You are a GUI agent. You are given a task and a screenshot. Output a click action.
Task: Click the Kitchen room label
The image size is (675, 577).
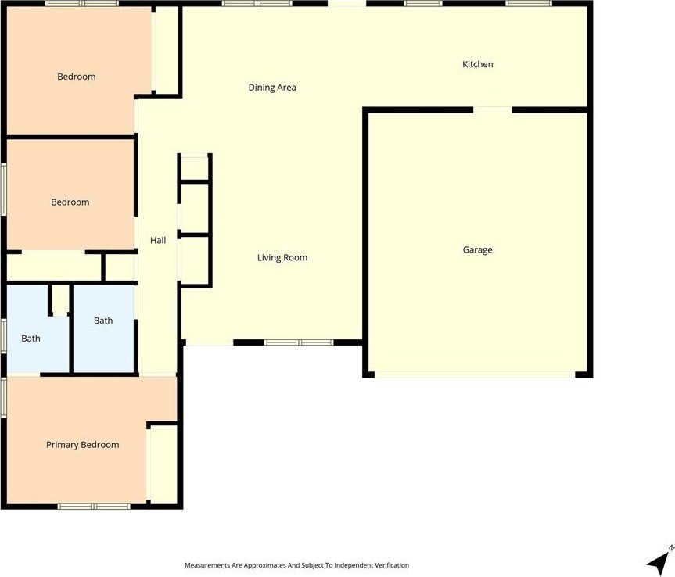pyautogui.click(x=477, y=65)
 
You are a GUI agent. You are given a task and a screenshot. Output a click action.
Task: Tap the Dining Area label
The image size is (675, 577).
pyautogui.click(x=272, y=88)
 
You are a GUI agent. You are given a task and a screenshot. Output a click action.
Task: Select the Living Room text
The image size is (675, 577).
pyautogui.click(x=282, y=258)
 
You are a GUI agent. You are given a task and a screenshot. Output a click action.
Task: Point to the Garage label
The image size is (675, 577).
pyautogui.click(x=477, y=250)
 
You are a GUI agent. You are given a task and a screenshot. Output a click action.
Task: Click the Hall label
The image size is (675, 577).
pyautogui.click(x=158, y=241)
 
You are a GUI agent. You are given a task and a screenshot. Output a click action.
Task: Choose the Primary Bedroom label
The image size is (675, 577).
pyautogui.click(x=83, y=445)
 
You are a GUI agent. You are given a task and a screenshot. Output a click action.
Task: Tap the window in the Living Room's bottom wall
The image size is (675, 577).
pyautogui.click(x=299, y=342)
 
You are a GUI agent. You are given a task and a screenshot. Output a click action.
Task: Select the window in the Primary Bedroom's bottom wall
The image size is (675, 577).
pyautogui.click(x=94, y=507)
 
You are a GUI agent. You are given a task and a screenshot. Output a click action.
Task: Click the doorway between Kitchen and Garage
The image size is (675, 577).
pyautogui.click(x=493, y=109)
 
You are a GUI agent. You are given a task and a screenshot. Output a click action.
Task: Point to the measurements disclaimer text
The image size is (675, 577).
pyautogui.click(x=296, y=565)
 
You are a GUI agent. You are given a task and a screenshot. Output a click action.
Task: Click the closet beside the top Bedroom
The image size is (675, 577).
pyautogui.click(x=167, y=50)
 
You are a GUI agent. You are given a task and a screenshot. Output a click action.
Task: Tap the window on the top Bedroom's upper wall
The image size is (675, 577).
pyautogui.click(x=82, y=3)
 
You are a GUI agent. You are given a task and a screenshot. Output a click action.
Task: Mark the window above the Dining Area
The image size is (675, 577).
pyautogui.click(x=257, y=3)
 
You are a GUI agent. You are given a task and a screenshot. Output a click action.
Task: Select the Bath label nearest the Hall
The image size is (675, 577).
pyautogui.click(x=103, y=321)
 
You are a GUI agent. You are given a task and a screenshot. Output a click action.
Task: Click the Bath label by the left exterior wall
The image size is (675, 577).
pyautogui.click(x=31, y=339)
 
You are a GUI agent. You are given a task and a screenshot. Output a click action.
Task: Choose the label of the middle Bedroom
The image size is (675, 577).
pyautogui.click(x=70, y=202)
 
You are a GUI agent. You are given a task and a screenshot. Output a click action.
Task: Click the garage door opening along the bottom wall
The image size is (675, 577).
pyautogui.click(x=475, y=375)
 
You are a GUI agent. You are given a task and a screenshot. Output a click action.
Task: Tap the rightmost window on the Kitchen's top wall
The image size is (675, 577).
pyautogui.click(x=528, y=3)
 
